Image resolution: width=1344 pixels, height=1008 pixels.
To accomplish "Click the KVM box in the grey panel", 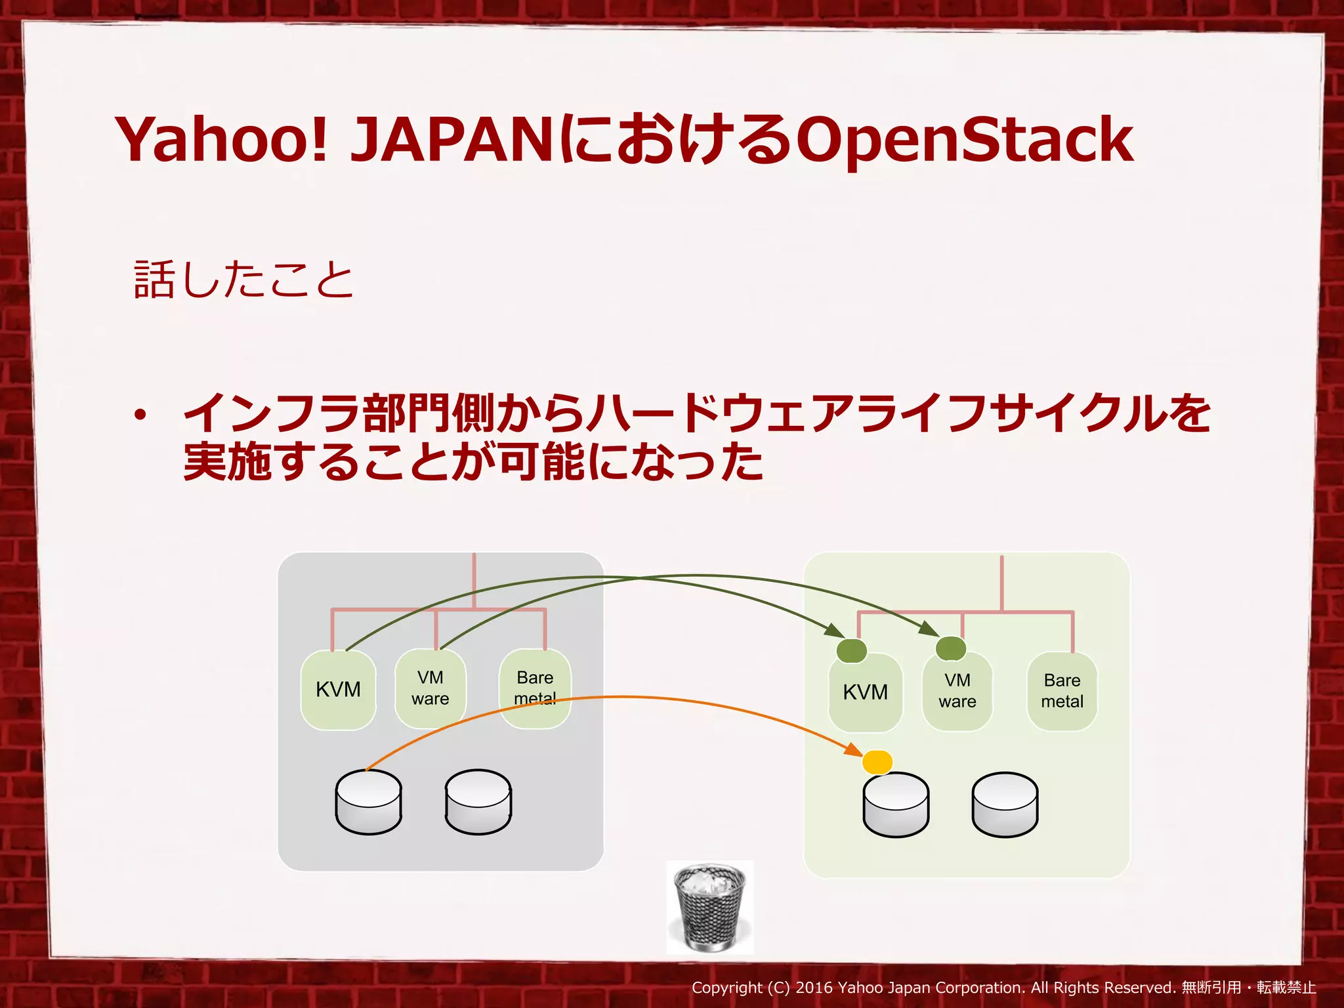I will [x=338, y=690].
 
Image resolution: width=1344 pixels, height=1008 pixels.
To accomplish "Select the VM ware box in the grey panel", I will [x=430, y=688].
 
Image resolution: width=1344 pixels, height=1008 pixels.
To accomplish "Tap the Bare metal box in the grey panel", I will [x=535, y=688].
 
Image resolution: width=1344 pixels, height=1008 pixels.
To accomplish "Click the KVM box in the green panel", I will [x=865, y=693].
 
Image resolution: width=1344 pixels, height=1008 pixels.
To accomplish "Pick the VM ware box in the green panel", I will [x=957, y=692].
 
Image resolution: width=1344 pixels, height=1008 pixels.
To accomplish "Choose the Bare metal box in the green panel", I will [x=1062, y=691].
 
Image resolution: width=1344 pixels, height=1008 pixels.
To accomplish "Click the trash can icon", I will [x=710, y=908].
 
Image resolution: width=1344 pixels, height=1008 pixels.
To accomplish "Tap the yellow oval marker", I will [x=877, y=762].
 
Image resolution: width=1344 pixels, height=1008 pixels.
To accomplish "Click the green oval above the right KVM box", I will [x=852, y=650].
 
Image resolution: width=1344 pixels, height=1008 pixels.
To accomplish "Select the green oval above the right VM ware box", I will [x=950, y=648].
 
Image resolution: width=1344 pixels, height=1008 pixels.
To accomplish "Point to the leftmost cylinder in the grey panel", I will [x=368, y=802].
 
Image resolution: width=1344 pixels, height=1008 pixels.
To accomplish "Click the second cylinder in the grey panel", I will [x=478, y=802].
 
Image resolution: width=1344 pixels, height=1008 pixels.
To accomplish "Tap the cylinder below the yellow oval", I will [x=896, y=805].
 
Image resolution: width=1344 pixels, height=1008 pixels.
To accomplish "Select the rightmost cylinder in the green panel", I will [x=1005, y=805].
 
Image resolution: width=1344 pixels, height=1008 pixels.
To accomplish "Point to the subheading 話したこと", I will [x=243, y=280].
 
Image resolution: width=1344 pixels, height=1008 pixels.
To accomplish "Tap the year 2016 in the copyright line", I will [x=814, y=988].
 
